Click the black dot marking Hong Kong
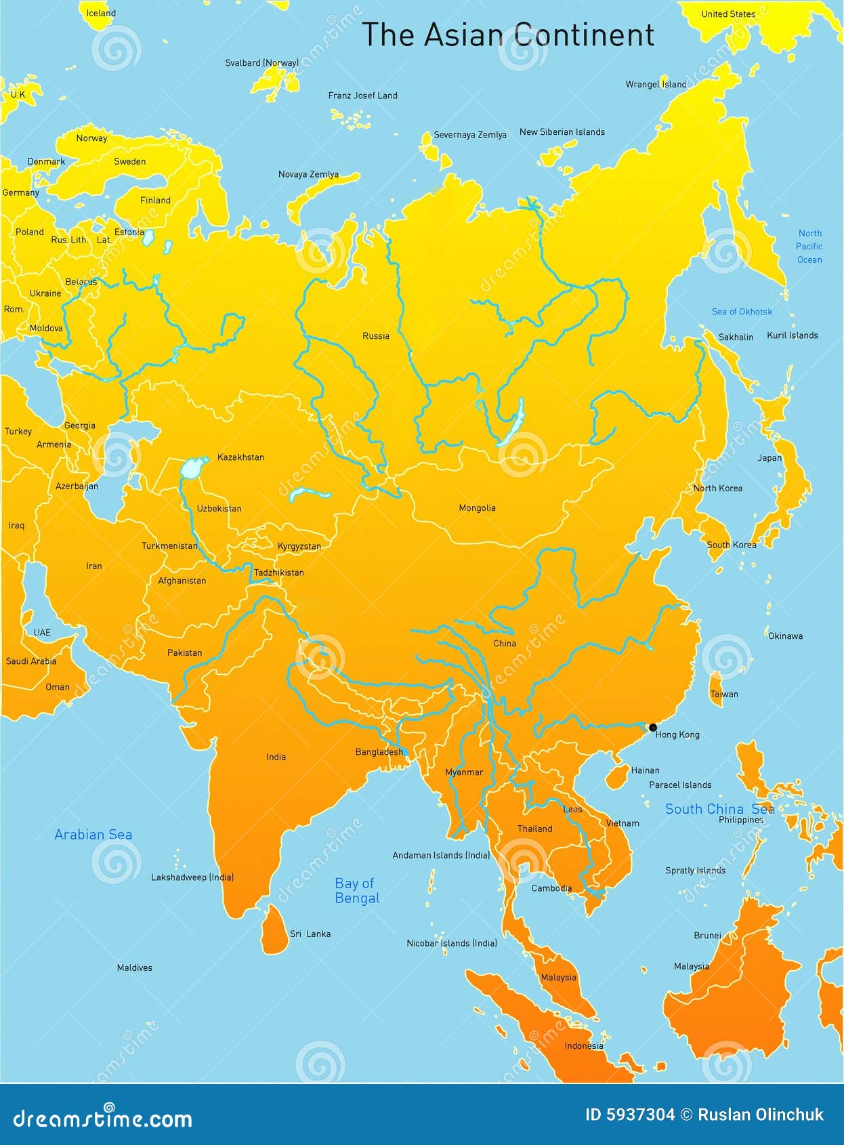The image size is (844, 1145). coord(653,728)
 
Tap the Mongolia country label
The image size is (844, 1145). coord(477,508)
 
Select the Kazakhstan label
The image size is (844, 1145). coord(240,457)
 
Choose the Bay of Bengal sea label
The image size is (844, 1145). coord(357,891)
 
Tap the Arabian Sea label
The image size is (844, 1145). coord(93,835)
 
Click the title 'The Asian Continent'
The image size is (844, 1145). coord(508,35)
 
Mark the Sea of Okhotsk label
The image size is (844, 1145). coord(742,312)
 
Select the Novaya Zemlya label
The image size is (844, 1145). coord(308,174)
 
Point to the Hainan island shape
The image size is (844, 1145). coord(616,776)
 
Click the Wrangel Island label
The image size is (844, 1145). coord(656,85)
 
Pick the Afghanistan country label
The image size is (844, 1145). coord(182,581)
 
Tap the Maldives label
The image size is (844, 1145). coord(134,967)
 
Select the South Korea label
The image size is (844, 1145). coord(732,545)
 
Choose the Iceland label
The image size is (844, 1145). coord(101,13)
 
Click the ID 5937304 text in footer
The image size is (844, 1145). coord(630,1115)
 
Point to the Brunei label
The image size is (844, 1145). coord(707,936)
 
